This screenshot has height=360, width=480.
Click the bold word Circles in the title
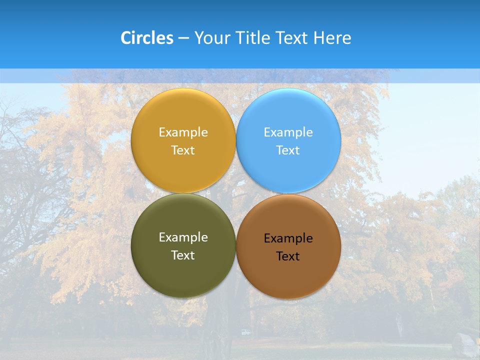click(x=146, y=38)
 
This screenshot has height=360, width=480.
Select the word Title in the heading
click(x=254, y=38)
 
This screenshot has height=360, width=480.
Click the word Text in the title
click(x=293, y=38)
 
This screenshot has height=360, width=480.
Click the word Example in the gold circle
click(x=183, y=132)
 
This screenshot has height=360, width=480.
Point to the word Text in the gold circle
click(x=183, y=150)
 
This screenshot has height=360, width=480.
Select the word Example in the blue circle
click(x=288, y=132)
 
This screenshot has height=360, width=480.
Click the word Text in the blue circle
click(x=288, y=150)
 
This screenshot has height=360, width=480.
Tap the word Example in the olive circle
click(x=183, y=237)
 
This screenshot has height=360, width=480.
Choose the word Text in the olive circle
click(x=183, y=255)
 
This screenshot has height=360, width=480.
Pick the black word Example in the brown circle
click(x=288, y=238)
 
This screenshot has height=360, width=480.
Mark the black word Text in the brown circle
click(x=288, y=256)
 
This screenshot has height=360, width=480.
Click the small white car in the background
click(x=245, y=332)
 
